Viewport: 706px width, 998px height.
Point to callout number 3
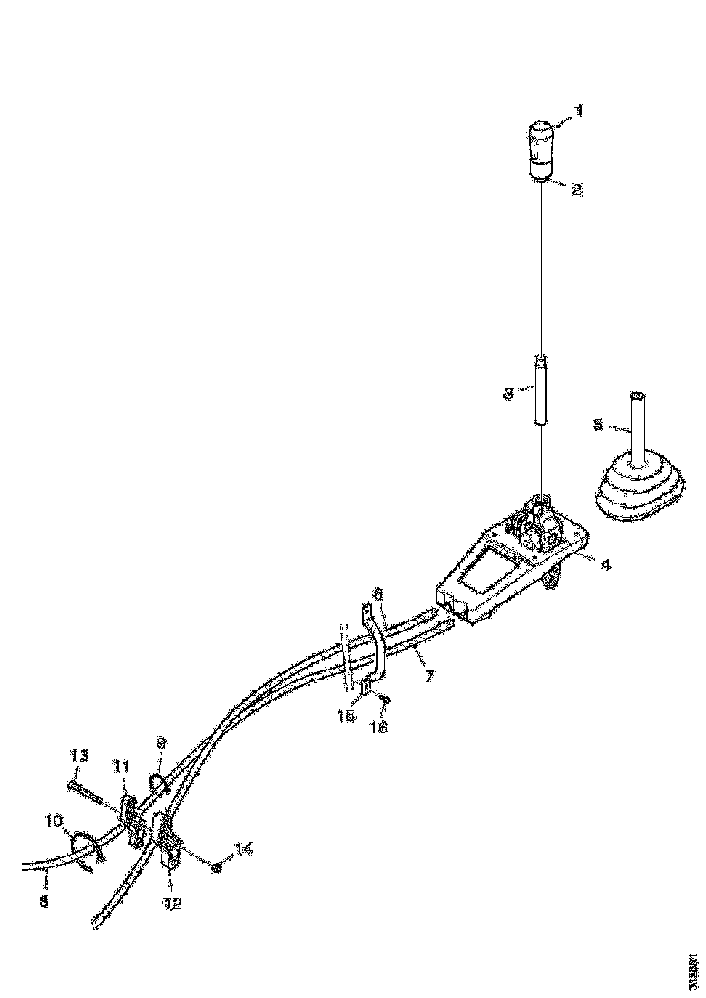[509, 394]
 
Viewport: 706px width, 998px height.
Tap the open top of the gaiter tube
[636, 396]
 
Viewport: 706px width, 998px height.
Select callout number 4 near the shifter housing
[605, 563]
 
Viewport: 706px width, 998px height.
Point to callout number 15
[344, 716]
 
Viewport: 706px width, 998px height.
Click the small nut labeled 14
[217, 868]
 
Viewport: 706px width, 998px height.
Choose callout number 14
[243, 848]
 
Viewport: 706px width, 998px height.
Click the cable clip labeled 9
[155, 781]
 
